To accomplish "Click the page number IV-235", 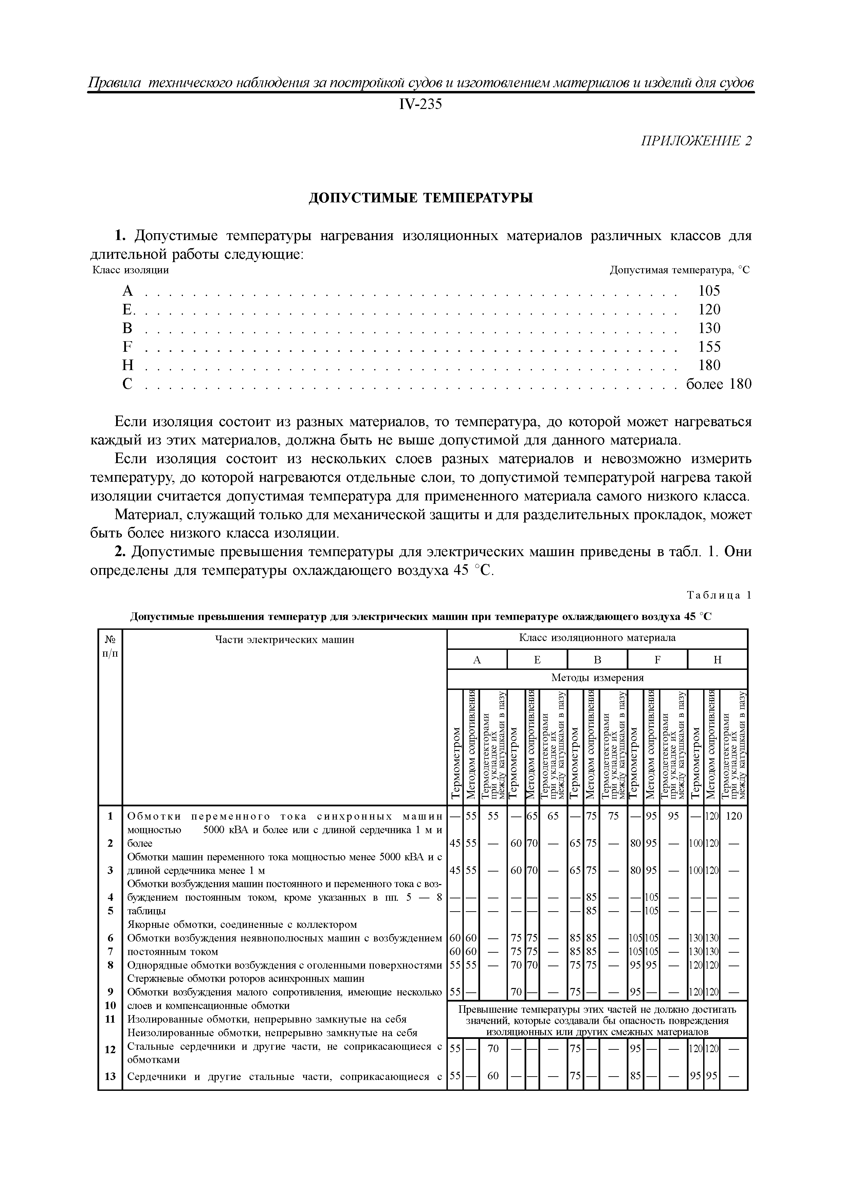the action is point(420,105).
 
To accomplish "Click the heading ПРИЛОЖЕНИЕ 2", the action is point(696,141).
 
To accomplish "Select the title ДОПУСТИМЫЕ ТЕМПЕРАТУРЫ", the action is point(421,198).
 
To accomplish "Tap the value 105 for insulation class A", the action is point(709,291).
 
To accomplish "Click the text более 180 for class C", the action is point(718,384).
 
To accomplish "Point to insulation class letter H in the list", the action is point(128,365).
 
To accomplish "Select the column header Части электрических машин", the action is point(284,640).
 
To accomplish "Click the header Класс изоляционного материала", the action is point(597,638).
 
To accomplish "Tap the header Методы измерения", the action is point(597,678).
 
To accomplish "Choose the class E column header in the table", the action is point(537,660).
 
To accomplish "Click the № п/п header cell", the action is point(110,646).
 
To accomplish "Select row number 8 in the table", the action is point(110,965).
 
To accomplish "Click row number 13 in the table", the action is point(110,1076).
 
